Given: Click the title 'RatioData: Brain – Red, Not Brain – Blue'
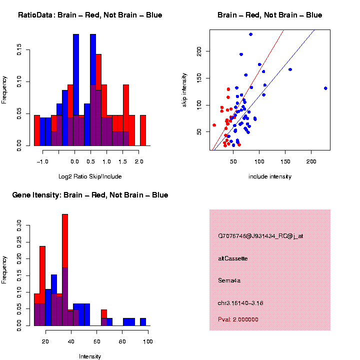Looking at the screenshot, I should tap(90, 15).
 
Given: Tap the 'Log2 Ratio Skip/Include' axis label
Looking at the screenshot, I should tap(90, 176).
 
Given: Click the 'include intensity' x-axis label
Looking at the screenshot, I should tap(270, 176).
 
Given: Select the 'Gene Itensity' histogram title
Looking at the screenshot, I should tap(90, 195).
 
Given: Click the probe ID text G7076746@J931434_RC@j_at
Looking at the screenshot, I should tap(260, 236).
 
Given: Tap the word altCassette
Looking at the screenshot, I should tap(233, 258).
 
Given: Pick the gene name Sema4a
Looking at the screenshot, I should tap(229, 280).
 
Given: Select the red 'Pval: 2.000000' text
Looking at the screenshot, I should tap(238, 319).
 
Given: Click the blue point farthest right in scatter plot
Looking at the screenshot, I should tap(325, 88).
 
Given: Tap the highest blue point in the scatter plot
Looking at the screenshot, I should tap(250, 34).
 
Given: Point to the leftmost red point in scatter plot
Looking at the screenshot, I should tap(214, 125).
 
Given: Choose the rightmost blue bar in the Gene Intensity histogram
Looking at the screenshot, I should tap(143, 322).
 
